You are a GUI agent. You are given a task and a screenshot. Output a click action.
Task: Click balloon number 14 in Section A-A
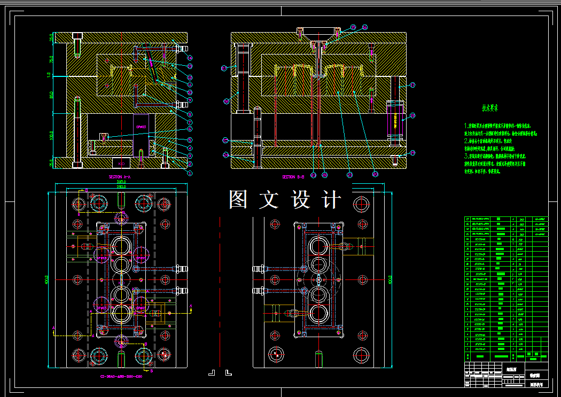[189, 57]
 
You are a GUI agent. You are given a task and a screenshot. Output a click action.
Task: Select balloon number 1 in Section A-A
[189, 173]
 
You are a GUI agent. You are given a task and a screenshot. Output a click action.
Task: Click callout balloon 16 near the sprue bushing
[365, 27]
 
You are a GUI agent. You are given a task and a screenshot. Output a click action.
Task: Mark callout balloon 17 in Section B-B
[412, 85]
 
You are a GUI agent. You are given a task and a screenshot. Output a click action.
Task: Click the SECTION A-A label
[120, 177]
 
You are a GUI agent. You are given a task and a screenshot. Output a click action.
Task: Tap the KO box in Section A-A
[121, 162]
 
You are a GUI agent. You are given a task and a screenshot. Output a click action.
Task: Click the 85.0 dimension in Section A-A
[52, 95]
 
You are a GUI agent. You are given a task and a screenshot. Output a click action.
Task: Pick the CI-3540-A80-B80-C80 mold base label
[121, 376]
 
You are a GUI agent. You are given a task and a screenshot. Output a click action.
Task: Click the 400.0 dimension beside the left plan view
[47, 279]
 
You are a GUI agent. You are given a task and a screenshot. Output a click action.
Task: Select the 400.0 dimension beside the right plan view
[391, 279]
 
